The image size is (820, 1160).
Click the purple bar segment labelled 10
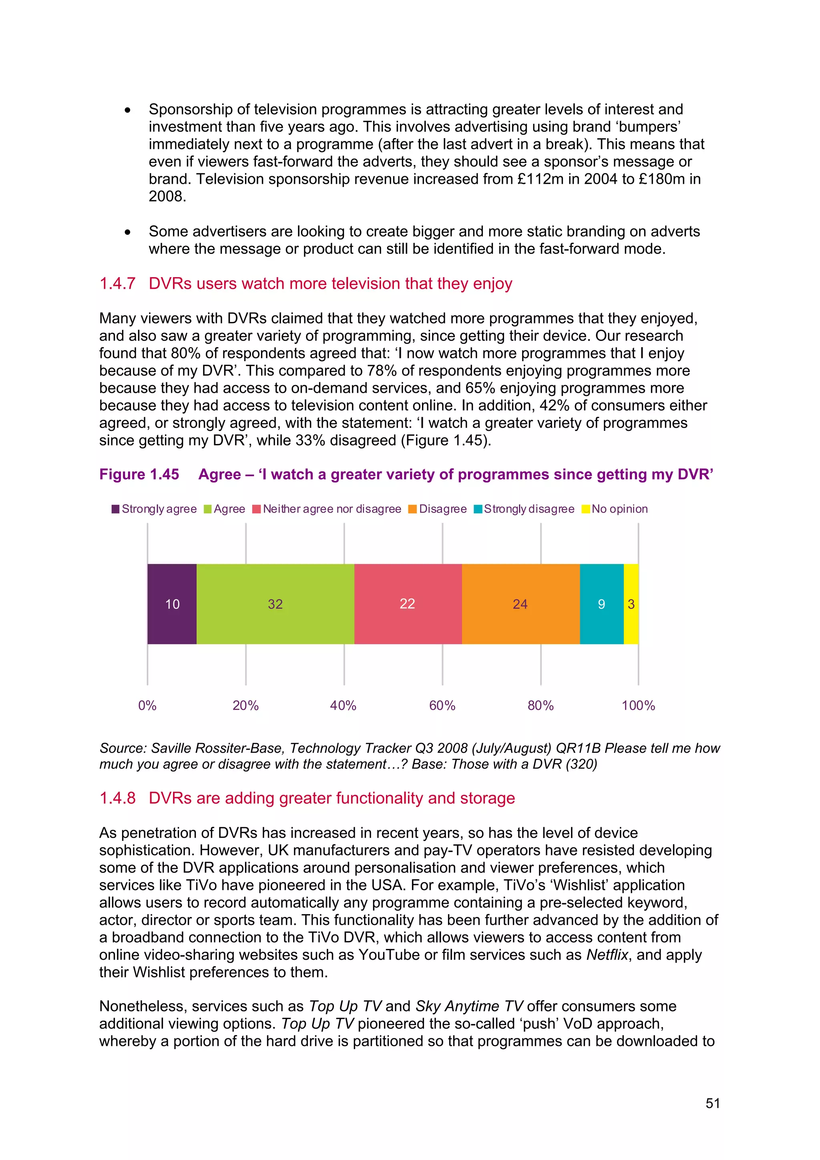pyautogui.click(x=172, y=604)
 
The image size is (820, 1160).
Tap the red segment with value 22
pyautogui.click(x=407, y=604)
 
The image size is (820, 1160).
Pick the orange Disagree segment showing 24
pyautogui.click(x=521, y=604)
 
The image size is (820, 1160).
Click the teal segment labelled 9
pyautogui.click(x=601, y=604)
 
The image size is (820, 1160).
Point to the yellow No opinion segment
pyautogui.click(x=631, y=604)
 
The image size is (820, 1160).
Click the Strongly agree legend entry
pyautogui.click(x=154, y=509)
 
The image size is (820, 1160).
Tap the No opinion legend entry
pyautogui.click(x=615, y=509)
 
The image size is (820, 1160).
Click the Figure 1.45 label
pyautogui.click(x=139, y=474)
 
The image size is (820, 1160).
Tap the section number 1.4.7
pyautogui.click(x=117, y=283)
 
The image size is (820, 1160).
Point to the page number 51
pyautogui.click(x=712, y=1104)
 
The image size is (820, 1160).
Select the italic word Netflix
pyautogui.click(x=607, y=954)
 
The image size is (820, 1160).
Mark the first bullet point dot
pyautogui.click(x=128, y=110)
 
